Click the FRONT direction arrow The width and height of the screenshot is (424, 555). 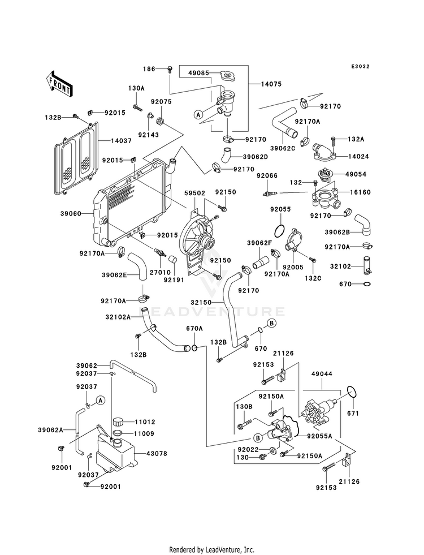coord(59,84)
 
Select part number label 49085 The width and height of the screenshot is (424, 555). coord(199,73)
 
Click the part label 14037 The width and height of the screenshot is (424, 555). coord(122,140)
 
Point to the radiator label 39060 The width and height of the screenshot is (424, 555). coord(71,213)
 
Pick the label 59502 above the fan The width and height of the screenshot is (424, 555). coord(195,193)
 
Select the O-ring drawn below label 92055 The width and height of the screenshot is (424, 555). coord(279,231)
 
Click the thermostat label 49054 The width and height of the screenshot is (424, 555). coord(356,174)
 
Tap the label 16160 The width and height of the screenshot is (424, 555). coord(360,192)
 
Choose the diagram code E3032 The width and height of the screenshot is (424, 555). coord(360,66)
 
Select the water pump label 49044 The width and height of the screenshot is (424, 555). coord(322,374)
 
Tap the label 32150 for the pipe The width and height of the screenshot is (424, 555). coord(201,303)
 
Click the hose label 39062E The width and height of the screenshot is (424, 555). coord(114,274)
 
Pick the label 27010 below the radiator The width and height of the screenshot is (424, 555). coord(160,273)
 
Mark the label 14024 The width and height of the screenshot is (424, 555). coord(358,156)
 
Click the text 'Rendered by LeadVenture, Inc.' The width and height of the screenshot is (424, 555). coord(212,550)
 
